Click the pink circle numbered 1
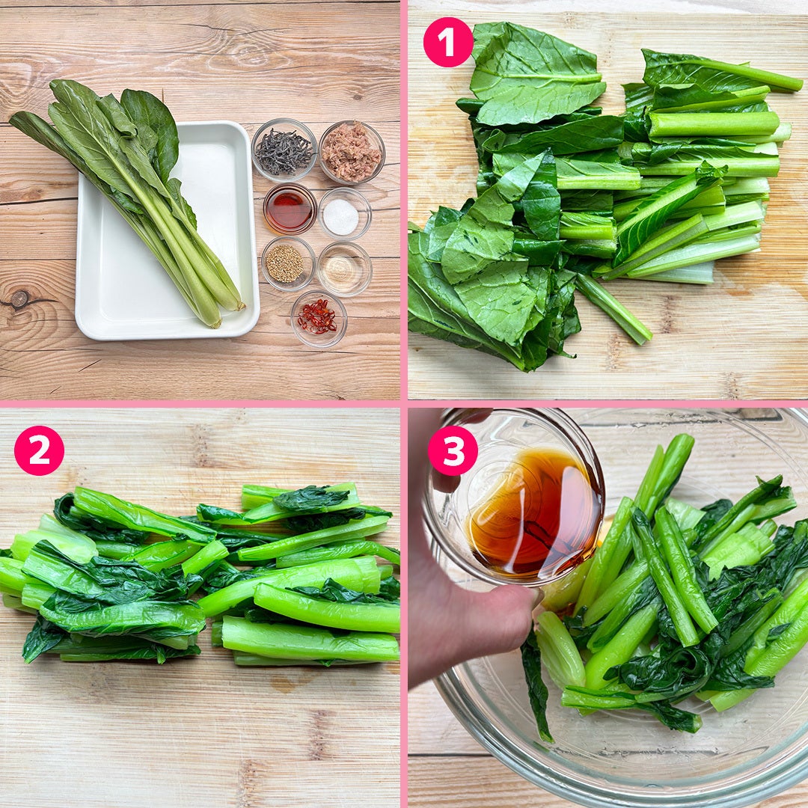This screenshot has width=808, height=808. point(448,42)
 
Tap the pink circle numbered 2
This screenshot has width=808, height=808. point(39,450)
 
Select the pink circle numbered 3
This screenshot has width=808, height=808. point(453,450)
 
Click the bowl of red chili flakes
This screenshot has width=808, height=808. point(319,319)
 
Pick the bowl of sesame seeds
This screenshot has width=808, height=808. point(288,263)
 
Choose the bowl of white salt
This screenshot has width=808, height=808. point(345,213)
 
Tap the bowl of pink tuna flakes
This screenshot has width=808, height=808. point(352,152)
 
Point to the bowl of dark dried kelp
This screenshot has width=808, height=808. point(284,150)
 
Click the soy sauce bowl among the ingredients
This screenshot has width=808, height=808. point(290,209)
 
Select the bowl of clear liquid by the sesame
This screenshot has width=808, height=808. point(345,268)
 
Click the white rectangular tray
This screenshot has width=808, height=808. point(167,231)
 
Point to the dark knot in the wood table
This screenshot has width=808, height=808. point(20,299)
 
